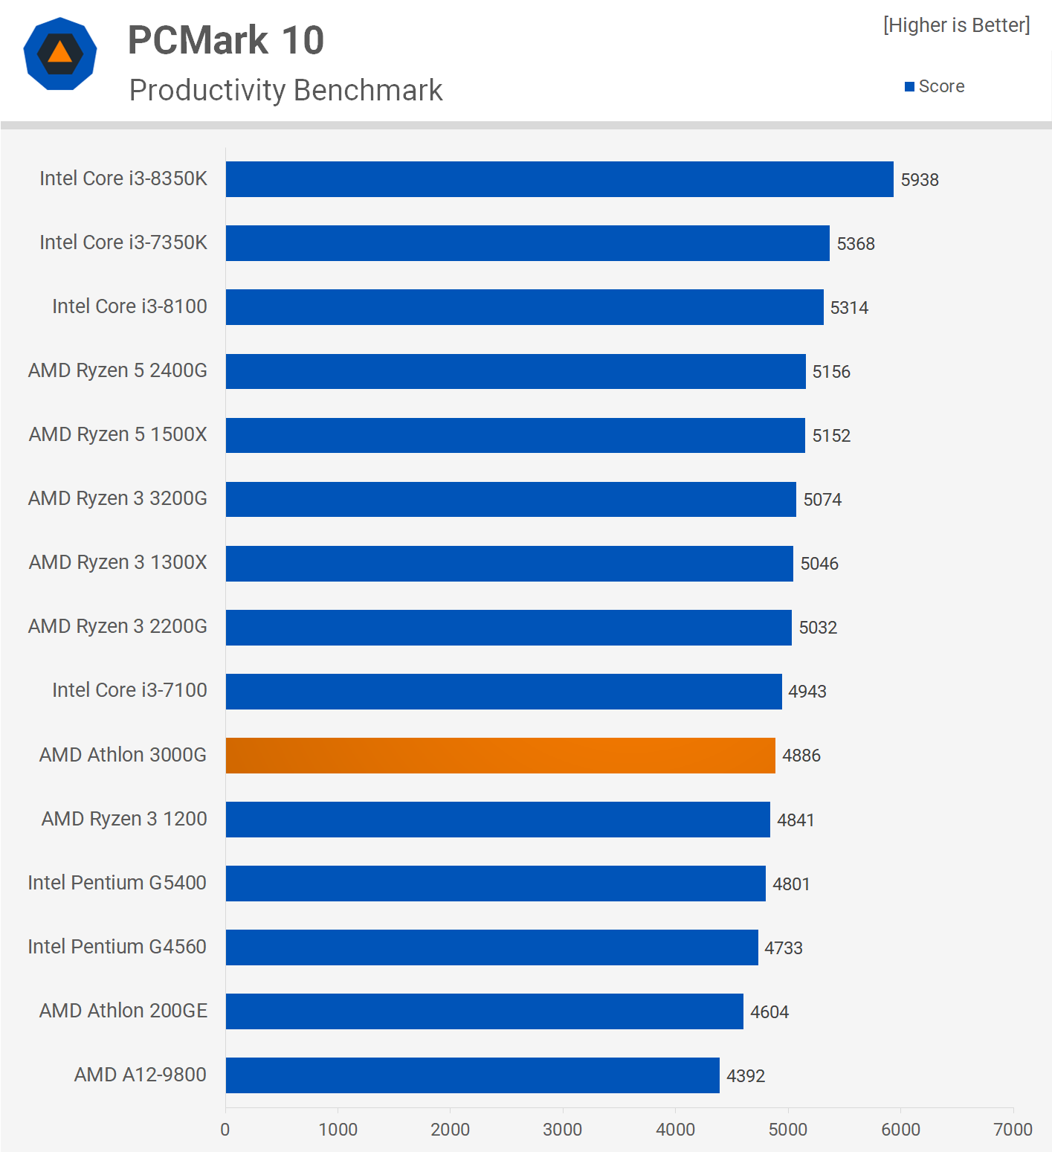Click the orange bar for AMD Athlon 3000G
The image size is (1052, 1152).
click(x=500, y=756)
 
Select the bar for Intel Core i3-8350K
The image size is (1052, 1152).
click(x=559, y=179)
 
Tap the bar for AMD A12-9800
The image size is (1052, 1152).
click(x=472, y=1075)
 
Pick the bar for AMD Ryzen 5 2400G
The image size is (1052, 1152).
click(x=515, y=371)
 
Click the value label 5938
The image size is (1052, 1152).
click(x=920, y=180)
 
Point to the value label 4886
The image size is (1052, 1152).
click(x=801, y=756)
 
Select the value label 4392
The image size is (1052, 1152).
click(x=746, y=1076)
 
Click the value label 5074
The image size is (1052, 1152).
click(x=822, y=500)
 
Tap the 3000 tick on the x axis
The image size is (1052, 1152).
click(x=563, y=1130)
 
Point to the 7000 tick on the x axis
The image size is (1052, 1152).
click(x=1013, y=1130)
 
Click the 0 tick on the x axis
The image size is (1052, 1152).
click(x=225, y=1130)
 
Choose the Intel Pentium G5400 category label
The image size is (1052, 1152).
click(x=117, y=883)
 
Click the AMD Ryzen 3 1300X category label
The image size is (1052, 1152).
click(x=118, y=562)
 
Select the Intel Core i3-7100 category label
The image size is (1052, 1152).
click(x=129, y=690)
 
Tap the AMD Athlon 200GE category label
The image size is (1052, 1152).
click(x=123, y=1011)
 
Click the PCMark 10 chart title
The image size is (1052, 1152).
click(x=226, y=40)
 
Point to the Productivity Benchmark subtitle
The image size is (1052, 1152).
click(x=285, y=91)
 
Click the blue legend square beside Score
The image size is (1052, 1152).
click(x=909, y=87)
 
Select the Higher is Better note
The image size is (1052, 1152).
click(x=956, y=25)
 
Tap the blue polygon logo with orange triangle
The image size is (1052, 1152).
click(x=60, y=54)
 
